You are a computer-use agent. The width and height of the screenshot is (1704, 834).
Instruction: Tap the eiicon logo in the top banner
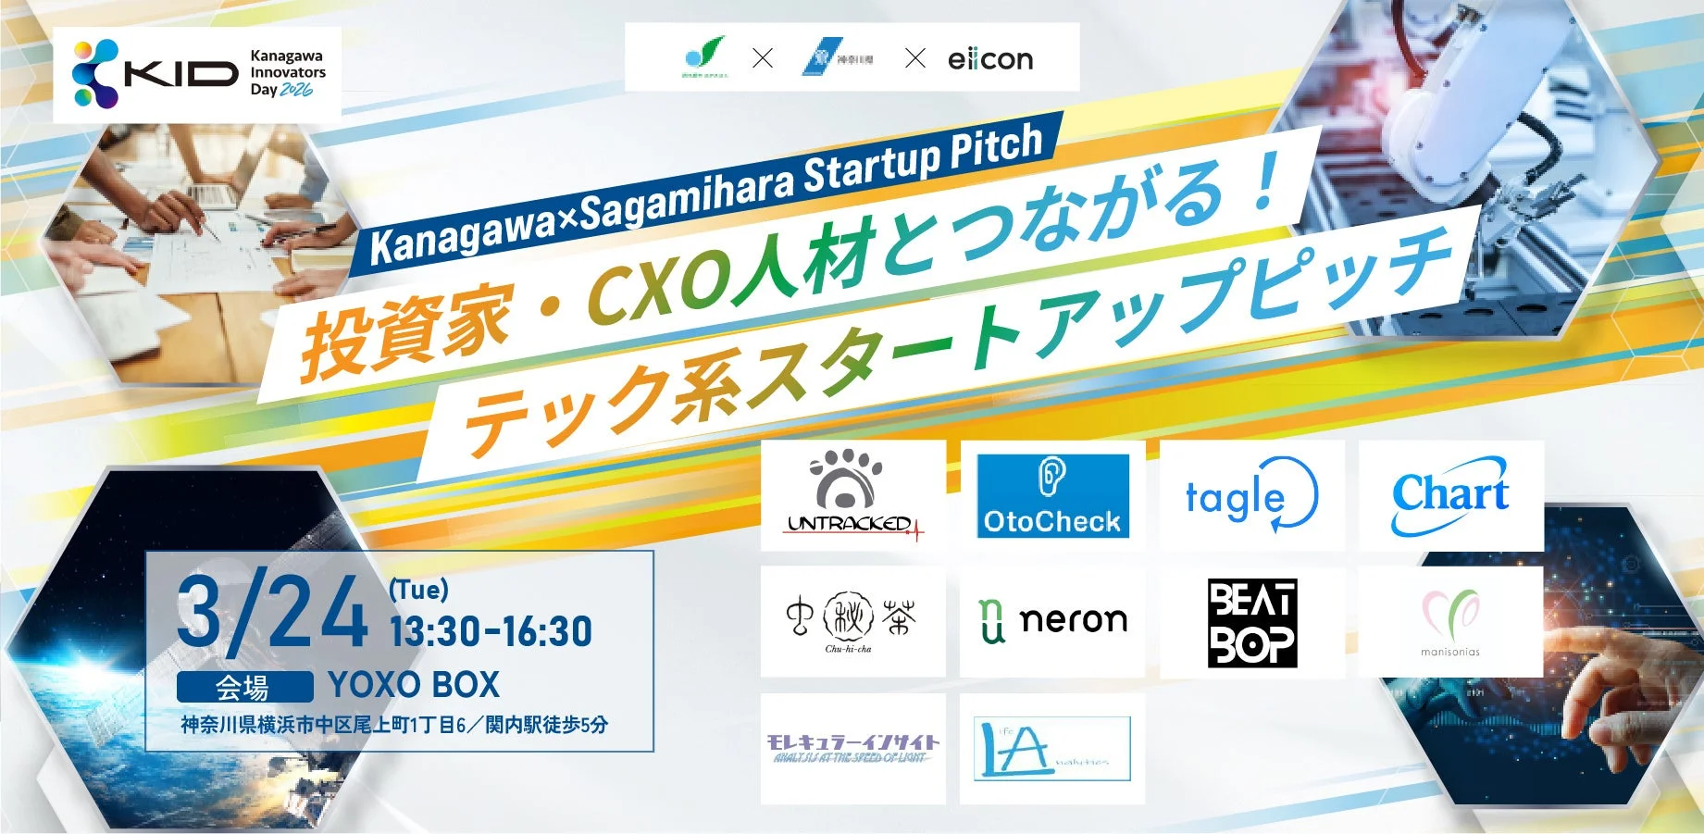(989, 59)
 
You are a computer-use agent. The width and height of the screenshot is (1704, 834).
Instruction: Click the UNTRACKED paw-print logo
(852, 494)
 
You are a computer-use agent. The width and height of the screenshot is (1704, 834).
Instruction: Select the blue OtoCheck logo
(1052, 495)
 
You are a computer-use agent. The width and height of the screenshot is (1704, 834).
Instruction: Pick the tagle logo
(1250, 495)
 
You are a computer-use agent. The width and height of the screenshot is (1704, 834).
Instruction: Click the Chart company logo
(1449, 495)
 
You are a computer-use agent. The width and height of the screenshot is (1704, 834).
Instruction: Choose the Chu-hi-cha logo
(852, 621)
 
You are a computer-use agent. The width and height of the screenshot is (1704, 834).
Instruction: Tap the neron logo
(1052, 621)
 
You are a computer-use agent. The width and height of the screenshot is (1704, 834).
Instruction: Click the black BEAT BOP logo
(1251, 623)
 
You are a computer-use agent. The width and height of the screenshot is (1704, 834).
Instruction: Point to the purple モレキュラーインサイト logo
(852, 748)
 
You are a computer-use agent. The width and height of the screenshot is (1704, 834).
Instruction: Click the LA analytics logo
(1052, 748)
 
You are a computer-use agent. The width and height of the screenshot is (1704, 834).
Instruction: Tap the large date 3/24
(272, 614)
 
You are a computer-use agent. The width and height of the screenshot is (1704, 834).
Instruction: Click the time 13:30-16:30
(491, 632)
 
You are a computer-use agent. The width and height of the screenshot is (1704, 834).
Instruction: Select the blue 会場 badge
(244, 687)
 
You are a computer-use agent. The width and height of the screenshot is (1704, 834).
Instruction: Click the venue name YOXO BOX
(414, 685)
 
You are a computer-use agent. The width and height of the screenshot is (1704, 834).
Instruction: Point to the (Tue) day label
(418, 589)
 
